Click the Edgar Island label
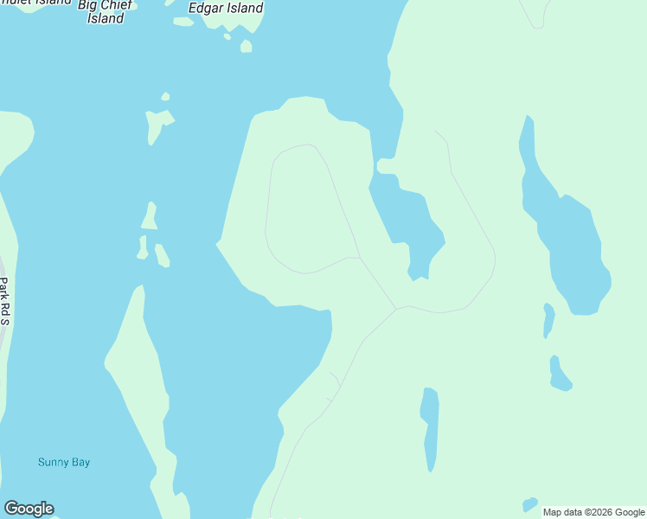click(x=226, y=8)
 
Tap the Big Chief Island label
click(x=106, y=11)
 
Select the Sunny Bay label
click(x=64, y=462)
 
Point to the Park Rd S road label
click(x=4, y=301)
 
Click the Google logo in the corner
click(x=29, y=509)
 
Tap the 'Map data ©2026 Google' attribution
click(x=593, y=512)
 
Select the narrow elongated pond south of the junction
click(x=430, y=428)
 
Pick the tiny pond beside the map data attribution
click(x=529, y=504)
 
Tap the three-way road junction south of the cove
click(x=396, y=308)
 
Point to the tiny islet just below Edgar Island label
click(x=246, y=46)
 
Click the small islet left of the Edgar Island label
click(x=183, y=22)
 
